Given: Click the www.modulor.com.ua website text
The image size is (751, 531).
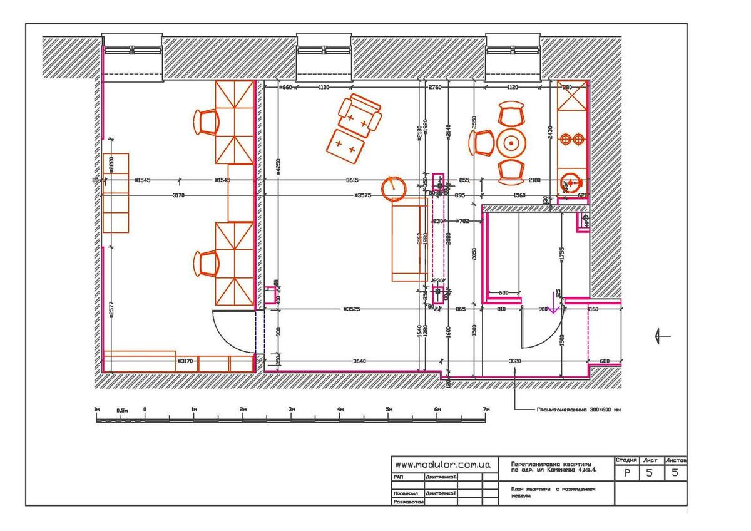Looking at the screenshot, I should (x=442, y=465).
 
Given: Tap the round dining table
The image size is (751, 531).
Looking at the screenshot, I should (x=512, y=143).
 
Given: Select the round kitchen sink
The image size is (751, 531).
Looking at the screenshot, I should (x=570, y=183).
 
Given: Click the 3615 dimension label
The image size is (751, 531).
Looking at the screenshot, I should (x=352, y=180).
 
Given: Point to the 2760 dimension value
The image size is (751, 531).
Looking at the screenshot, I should (x=435, y=88).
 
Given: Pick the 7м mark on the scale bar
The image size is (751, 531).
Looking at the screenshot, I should (x=486, y=410).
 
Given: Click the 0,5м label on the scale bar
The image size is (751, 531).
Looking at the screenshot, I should (x=122, y=410).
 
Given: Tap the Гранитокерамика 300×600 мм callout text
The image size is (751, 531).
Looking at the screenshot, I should (x=578, y=410).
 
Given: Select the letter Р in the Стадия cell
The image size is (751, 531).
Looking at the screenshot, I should (x=626, y=473).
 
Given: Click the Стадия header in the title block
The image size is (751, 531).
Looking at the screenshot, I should (x=626, y=460).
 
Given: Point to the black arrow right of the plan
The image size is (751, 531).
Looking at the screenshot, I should (x=662, y=336).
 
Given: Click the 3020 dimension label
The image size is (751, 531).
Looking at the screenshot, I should (x=514, y=361).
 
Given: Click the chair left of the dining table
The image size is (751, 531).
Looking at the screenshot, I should (x=483, y=143).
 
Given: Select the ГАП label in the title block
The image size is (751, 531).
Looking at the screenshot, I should (x=399, y=477).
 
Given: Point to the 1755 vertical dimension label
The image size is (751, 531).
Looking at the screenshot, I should (x=561, y=257).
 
